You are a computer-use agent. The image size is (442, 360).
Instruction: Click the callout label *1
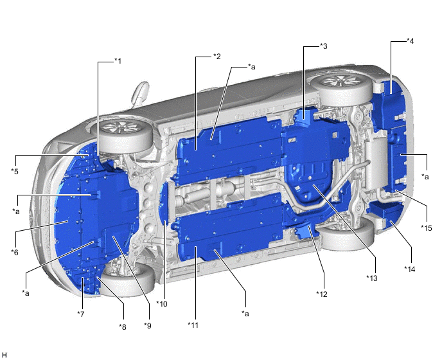[x=118, y=60]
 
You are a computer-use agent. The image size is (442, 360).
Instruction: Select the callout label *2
[x=217, y=56]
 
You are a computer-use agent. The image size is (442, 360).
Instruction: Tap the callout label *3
[x=324, y=46]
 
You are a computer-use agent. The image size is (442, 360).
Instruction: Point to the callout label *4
[x=410, y=41]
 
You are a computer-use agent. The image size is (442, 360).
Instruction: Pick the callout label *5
[x=15, y=171]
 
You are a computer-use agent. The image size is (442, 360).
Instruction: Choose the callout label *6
[x=15, y=252]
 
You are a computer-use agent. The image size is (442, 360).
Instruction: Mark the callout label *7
[x=81, y=314]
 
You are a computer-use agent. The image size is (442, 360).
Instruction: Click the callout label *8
[x=122, y=327]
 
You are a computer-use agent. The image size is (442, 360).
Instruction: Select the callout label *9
[x=148, y=325]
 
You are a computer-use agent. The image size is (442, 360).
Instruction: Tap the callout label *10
[x=162, y=304]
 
